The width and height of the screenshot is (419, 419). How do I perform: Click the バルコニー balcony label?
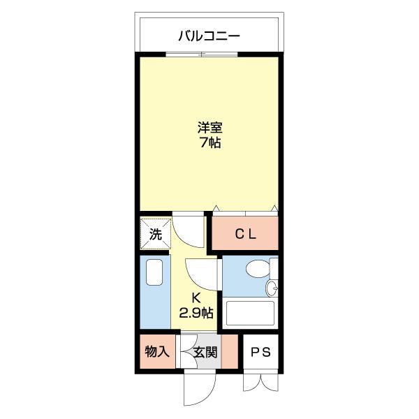tap(209, 36)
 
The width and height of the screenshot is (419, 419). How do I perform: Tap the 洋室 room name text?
tap(210, 128)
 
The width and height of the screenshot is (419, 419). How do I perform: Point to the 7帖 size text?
tap(210, 142)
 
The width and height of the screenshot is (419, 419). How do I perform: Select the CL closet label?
tap(246, 235)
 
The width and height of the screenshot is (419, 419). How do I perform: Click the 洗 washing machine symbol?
tap(156, 234)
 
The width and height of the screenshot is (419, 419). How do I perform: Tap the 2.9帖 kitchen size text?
tap(196, 312)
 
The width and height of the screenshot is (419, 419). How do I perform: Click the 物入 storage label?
tap(157, 352)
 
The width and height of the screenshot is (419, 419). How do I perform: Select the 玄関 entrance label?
tap(205, 352)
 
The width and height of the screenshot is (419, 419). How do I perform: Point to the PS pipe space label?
tap(260, 352)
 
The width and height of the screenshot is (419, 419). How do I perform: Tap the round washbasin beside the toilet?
tap(272, 288)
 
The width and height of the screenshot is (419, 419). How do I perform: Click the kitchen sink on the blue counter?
tap(154, 272)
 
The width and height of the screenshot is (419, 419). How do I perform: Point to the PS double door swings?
tap(260, 383)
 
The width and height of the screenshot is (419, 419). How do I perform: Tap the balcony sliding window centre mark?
tap(202, 54)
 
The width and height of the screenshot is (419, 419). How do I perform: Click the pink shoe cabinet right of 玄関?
tap(230, 351)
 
